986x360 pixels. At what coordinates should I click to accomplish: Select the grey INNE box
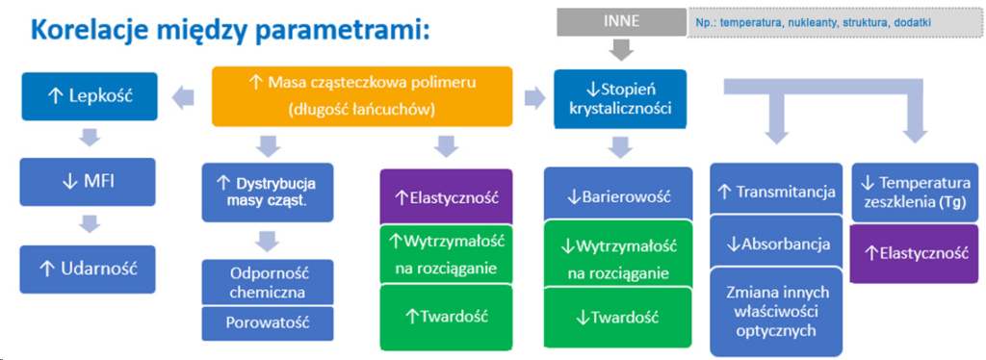coord(621,22)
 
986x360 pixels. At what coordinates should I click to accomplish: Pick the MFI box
coord(88,183)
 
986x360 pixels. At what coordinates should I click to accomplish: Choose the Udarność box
coord(88,269)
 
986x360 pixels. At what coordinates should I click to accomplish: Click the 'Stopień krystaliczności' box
coord(620,97)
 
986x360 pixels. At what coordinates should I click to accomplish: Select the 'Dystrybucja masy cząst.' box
coord(268,193)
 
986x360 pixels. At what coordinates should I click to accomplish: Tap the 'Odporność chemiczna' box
coord(268,283)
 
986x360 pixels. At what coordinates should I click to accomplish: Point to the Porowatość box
coord(268,322)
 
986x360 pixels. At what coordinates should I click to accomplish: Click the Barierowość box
coord(618,195)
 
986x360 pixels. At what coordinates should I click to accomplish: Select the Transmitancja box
coord(776,192)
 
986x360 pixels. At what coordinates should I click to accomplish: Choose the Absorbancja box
coord(776,244)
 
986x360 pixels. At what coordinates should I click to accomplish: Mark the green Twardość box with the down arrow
coord(618,317)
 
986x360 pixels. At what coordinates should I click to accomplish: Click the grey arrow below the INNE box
coord(621,48)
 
